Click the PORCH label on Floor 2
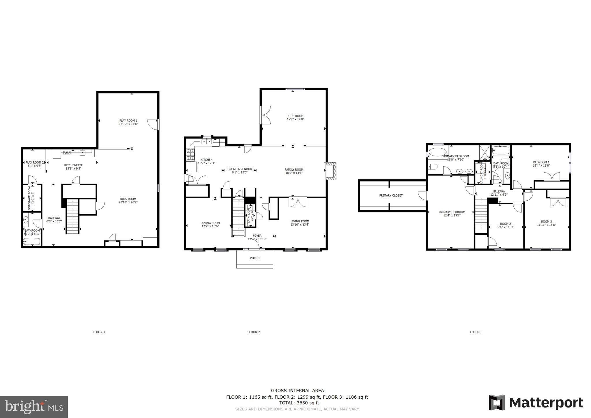click(x=255, y=258)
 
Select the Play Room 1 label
click(x=128, y=121)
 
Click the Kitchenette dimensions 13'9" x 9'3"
click(x=73, y=169)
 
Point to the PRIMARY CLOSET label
click(x=391, y=195)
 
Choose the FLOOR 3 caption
click(x=476, y=332)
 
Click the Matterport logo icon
click(x=496, y=402)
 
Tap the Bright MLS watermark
click(x=34, y=407)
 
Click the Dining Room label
click(x=210, y=223)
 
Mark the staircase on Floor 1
click(x=72, y=217)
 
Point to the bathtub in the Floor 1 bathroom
click(x=32, y=241)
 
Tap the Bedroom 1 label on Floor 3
click(x=541, y=162)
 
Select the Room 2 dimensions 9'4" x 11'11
click(x=505, y=227)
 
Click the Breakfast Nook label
click(x=240, y=169)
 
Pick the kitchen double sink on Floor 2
click(x=206, y=141)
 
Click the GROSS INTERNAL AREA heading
click(x=297, y=391)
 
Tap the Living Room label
click(x=300, y=221)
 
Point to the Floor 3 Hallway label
click(x=499, y=191)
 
